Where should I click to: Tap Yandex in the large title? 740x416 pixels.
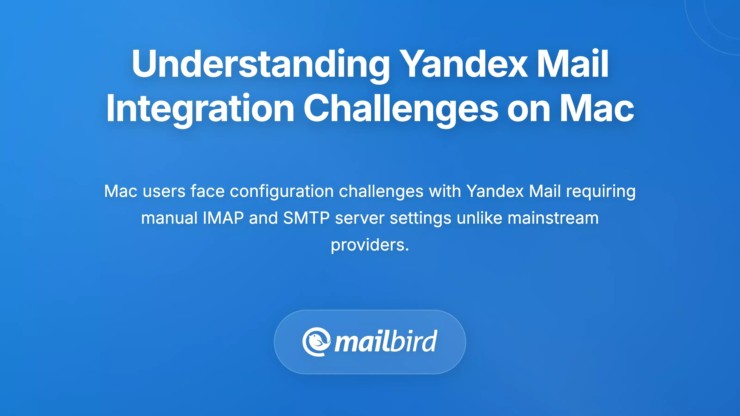point(464,64)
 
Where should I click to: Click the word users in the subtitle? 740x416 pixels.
point(164,191)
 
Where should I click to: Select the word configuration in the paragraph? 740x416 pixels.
point(281,191)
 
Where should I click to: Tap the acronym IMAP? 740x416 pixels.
point(223,218)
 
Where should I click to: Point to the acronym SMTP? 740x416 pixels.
point(306,218)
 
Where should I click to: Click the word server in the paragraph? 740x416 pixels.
point(360,218)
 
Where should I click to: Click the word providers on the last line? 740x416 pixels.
point(370,245)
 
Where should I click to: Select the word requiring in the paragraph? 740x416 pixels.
point(601,191)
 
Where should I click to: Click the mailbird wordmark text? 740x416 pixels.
point(386,342)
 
